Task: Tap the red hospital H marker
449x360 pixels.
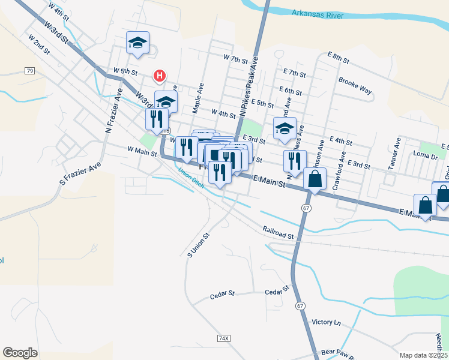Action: tap(160, 76)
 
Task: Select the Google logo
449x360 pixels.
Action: tap(20, 353)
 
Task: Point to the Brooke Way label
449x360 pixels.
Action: tap(355, 86)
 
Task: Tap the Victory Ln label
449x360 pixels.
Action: tap(326, 322)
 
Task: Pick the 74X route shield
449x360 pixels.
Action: tap(224, 338)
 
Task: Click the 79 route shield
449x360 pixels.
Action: tap(29, 71)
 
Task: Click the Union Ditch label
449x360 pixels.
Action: tap(191, 178)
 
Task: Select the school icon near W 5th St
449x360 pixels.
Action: tap(137, 43)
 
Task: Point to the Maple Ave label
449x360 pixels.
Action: tap(197, 98)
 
